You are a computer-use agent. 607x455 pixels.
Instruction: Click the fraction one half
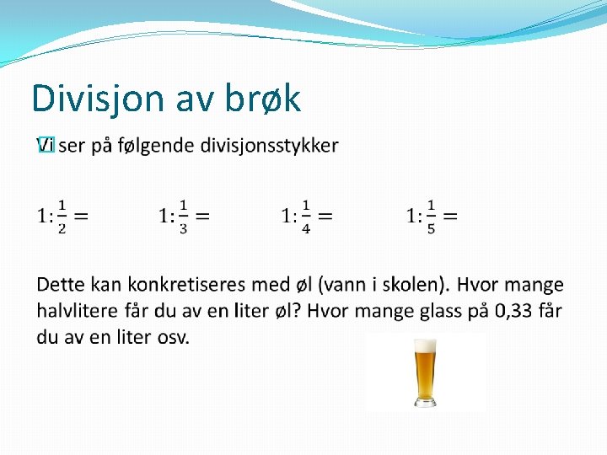tap(62, 217)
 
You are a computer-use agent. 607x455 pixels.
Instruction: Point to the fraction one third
tap(183, 217)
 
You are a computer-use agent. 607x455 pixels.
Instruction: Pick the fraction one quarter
tap(305, 217)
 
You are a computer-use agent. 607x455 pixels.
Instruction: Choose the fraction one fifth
tap(430, 217)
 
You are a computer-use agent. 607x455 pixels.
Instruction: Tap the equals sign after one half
tap(82, 217)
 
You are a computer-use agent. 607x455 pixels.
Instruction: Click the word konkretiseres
tap(185, 286)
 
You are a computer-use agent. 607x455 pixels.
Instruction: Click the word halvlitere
tap(78, 311)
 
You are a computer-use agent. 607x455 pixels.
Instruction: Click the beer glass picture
tap(426, 372)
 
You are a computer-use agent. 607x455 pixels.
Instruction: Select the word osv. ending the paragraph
tap(173, 337)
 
